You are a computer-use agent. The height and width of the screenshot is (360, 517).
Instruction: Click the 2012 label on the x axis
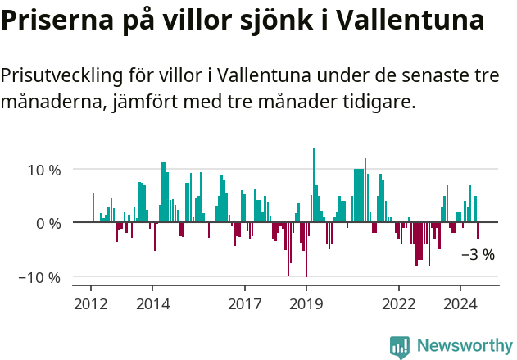tap(90, 303)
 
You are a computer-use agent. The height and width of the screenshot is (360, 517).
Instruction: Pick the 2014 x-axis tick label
tap(152, 303)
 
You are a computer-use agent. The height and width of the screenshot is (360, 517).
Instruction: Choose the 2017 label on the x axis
tap(245, 303)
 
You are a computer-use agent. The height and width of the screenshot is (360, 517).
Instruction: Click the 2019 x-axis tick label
tap(306, 303)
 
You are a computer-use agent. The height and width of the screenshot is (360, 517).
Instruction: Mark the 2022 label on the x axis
tap(399, 303)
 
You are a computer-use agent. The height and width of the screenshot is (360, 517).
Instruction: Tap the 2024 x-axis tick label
tap(460, 303)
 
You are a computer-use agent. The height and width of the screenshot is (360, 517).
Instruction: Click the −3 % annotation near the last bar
tap(478, 254)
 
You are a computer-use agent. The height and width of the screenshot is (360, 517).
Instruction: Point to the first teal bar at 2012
tap(93, 207)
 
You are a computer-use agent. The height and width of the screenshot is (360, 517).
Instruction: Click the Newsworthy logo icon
tap(400, 347)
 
